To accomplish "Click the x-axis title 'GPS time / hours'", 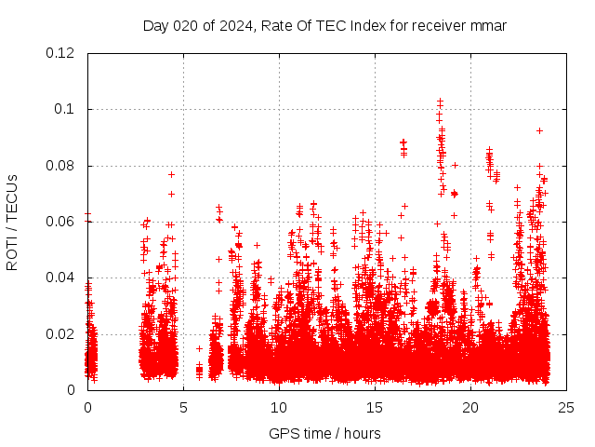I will (x=324, y=433).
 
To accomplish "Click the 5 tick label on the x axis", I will (x=184, y=407).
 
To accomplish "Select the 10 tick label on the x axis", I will (x=279, y=407).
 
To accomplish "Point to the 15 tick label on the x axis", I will (x=375, y=407).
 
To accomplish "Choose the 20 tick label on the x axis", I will (x=470, y=407).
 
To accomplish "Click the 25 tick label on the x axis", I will (x=566, y=407).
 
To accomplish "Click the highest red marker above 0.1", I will (x=440, y=101).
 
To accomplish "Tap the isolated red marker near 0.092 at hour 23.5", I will (x=539, y=130).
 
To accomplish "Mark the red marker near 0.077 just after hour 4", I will (x=171, y=174).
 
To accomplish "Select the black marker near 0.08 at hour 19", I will (x=455, y=165).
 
